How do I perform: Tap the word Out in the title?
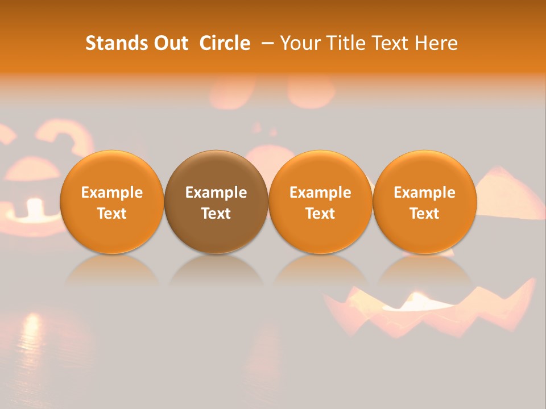coord(169,43)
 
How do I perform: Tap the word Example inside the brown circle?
coord(216,193)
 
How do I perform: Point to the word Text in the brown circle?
coord(216,214)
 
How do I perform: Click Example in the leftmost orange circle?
coord(112,193)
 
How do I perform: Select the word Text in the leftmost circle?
coord(112,214)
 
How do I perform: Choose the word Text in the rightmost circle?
coord(424,214)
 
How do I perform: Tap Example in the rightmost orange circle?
coord(424,193)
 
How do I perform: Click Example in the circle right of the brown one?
coord(320,193)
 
